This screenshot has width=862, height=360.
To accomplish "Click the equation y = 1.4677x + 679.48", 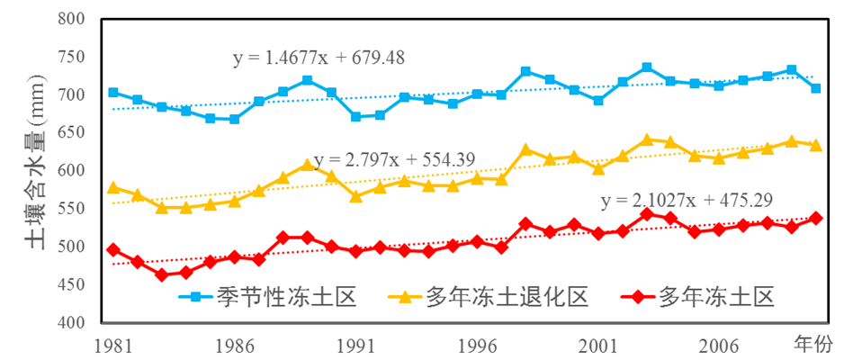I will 319,58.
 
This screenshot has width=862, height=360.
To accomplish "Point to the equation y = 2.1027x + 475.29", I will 687,200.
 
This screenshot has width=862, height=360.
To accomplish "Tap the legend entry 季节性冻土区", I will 270,297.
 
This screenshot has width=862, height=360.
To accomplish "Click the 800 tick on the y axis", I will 75,19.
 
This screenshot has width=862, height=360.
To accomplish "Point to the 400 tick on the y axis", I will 75,322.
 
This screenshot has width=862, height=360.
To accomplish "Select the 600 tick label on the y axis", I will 75,171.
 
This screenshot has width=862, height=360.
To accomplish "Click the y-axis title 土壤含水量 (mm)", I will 25,171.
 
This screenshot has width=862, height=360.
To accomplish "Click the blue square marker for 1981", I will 113,92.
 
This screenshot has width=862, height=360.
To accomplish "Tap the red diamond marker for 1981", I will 113,249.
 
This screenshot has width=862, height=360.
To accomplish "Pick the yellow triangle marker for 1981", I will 113,187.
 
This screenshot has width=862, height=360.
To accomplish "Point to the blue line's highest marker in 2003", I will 647,67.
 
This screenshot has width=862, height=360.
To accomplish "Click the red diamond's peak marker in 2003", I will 647,213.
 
